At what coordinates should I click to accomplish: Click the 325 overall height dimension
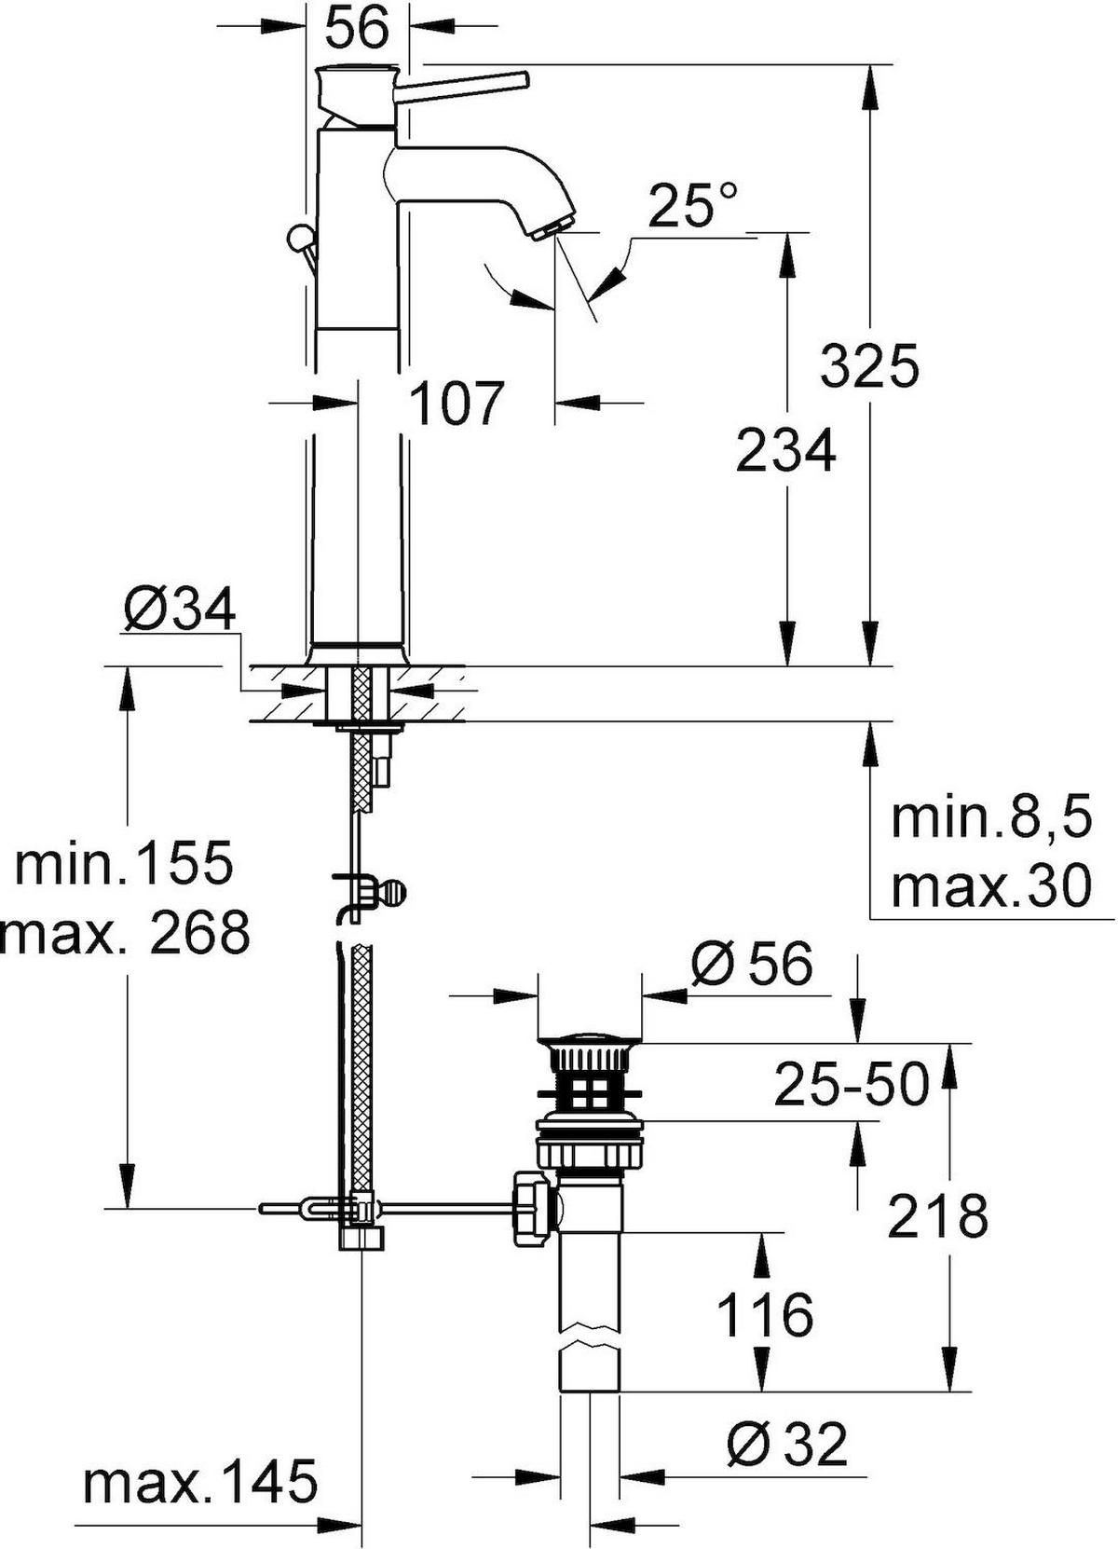[869, 364]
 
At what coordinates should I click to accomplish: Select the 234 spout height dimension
[786, 450]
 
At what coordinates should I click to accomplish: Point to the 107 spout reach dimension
[456, 403]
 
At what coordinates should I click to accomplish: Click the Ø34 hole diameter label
[179, 610]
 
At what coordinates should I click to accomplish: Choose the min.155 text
[124, 861]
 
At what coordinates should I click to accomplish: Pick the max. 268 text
[125, 933]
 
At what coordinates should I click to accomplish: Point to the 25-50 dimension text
[852, 1084]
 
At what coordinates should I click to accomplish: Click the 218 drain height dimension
[938, 1216]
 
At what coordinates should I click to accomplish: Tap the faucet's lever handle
[462, 85]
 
